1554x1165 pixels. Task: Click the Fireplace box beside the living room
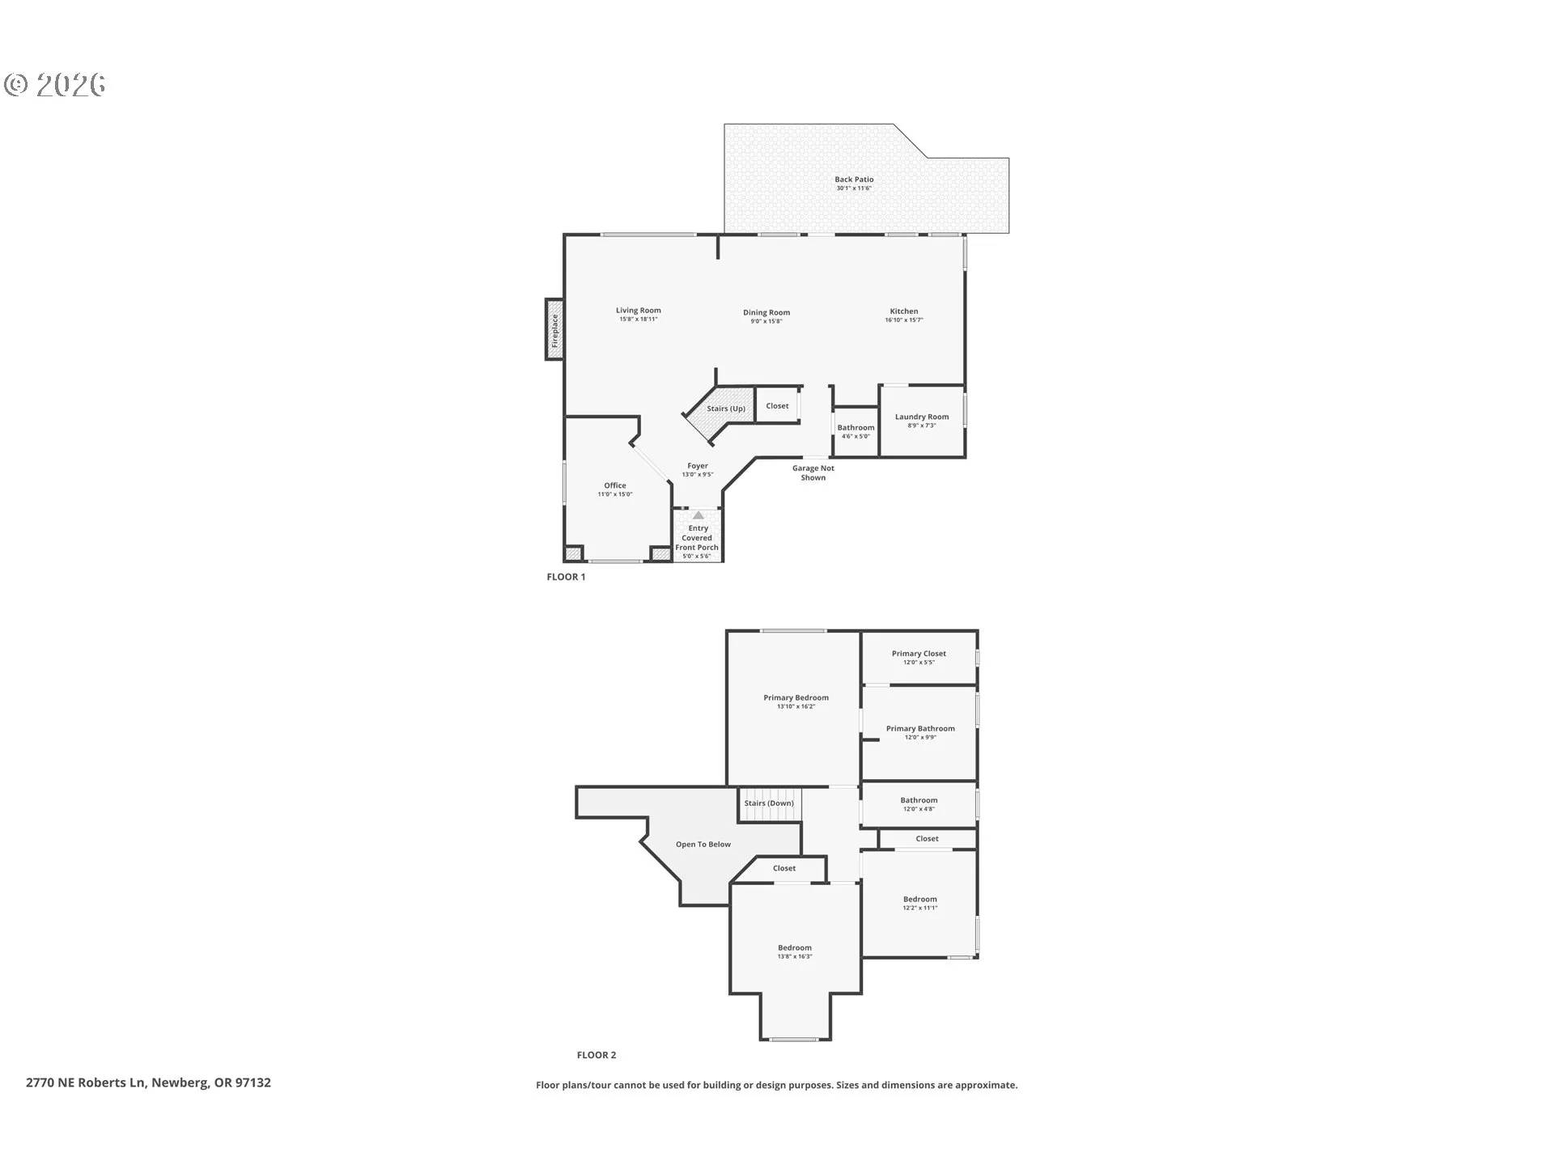coord(554,330)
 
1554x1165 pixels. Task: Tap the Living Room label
coord(639,311)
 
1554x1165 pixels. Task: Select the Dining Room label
coord(766,313)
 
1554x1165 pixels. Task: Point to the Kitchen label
coord(904,311)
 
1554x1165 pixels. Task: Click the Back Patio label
coord(854,180)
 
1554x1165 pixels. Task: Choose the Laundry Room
coord(922,422)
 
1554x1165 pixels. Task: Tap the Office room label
coord(615,485)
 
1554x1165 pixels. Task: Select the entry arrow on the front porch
coord(698,515)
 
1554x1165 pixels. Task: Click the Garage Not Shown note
coord(813,473)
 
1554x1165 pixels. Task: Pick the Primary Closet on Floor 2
coord(919,658)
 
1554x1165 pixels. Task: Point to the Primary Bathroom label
coord(920,729)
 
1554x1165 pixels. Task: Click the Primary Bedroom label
coord(796,698)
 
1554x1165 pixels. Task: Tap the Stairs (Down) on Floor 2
coord(770,803)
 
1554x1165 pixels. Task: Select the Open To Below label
coord(703,845)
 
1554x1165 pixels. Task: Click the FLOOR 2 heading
coord(597,1055)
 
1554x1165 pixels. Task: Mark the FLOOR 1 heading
coord(566,577)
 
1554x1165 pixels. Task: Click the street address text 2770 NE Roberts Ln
coord(86,1082)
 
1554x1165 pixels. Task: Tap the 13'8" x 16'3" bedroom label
coord(795,956)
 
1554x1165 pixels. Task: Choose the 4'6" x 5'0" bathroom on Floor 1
coord(856,432)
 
